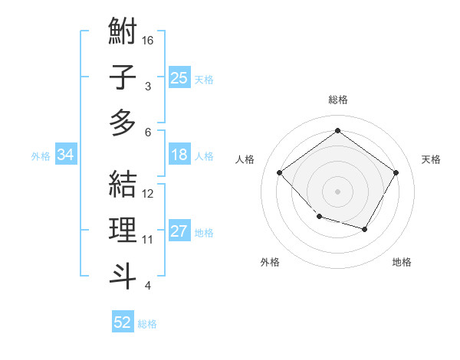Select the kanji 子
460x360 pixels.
(x=123, y=78)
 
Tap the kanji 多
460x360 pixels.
(x=123, y=122)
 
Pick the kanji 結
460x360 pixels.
(x=123, y=185)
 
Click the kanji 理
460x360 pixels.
(x=123, y=231)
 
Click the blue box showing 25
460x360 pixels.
(x=179, y=77)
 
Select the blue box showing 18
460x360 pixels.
(x=179, y=155)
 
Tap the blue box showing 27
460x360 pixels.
(x=179, y=232)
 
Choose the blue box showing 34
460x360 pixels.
(x=66, y=155)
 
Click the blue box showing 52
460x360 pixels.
(x=123, y=322)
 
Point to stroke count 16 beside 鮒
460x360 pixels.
(x=149, y=39)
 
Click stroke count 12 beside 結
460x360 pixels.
(x=149, y=194)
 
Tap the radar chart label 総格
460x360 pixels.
(x=338, y=100)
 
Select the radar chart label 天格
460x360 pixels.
(x=432, y=159)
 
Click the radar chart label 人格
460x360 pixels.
(x=245, y=159)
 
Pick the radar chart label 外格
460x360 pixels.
(x=270, y=262)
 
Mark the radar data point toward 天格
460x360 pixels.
(x=396, y=172)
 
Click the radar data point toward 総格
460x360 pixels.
(x=337, y=130)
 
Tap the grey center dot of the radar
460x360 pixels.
(x=337, y=191)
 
